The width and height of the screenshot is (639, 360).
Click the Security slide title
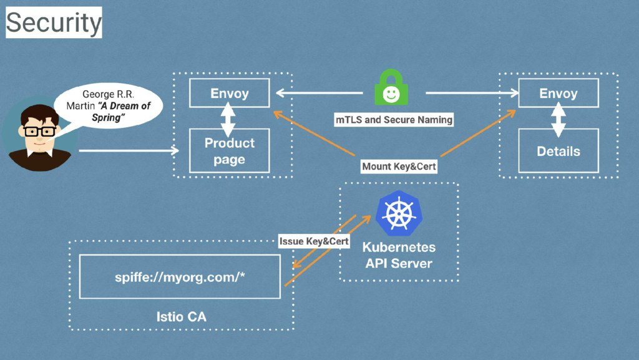(x=54, y=22)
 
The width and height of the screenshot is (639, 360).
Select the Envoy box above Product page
(x=229, y=94)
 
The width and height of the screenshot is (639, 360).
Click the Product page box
(x=229, y=151)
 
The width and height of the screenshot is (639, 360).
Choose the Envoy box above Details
(x=558, y=94)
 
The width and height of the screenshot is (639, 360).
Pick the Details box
(x=558, y=151)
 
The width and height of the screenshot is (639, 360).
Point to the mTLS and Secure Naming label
(x=394, y=119)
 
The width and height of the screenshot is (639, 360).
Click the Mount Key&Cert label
(x=399, y=167)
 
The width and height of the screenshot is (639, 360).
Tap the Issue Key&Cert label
(x=314, y=241)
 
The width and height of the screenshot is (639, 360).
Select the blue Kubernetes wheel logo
(x=399, y=213)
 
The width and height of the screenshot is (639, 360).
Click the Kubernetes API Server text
(x=399, y=255)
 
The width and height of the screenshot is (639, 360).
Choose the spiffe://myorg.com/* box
(x=180, y=277)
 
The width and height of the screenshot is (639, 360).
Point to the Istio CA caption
(x=181, y=317)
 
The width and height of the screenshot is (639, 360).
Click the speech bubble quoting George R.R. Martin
(x=108, y=106)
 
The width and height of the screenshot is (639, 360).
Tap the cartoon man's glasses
(x=39, y=131)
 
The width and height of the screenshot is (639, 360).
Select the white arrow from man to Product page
(x=128, y=150)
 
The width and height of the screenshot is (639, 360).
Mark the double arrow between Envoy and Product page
(x=228, y=119)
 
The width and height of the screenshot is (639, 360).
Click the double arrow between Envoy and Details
(x=559, y=119)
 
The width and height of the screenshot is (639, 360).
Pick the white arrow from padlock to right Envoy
(x=472, y=94)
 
